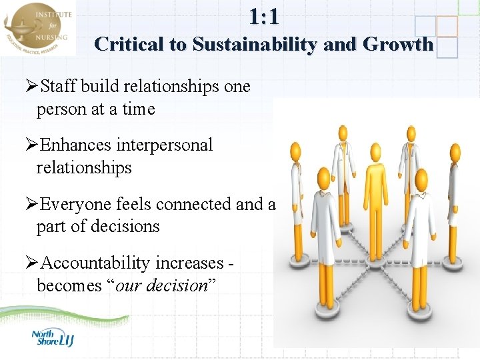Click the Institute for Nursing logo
click(38, 29)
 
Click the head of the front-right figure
click(421, 178)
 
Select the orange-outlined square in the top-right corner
click(447, 26)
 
